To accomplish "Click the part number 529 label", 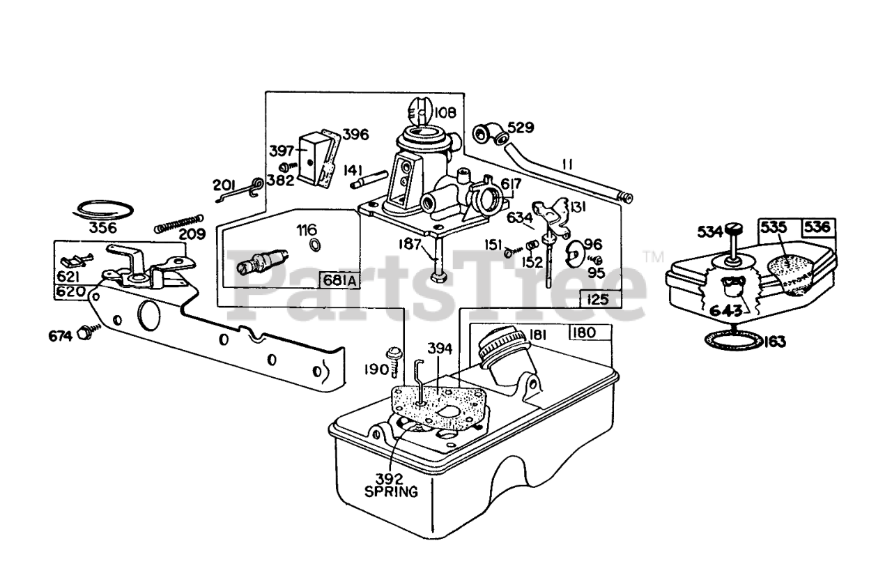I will [521, 128].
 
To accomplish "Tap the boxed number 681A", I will [339, 280].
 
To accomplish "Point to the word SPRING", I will [392, 491].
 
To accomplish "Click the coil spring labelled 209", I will [178, 223].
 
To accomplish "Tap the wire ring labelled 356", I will [103, 209].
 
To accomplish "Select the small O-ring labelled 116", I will [314, 245].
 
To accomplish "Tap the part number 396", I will [355, 135].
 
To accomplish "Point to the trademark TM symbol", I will [654, 255].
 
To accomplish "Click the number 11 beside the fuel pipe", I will [567, 165].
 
